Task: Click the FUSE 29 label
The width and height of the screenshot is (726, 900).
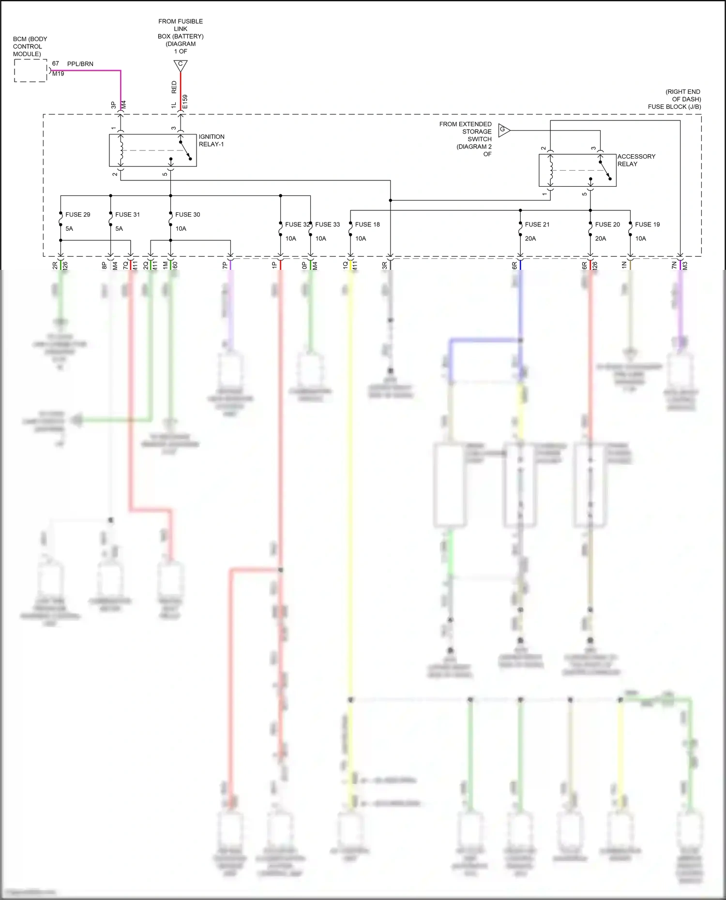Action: (77, 214)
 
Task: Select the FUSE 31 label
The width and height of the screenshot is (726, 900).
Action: (127, 214)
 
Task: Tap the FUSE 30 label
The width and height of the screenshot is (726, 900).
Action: (187, 214)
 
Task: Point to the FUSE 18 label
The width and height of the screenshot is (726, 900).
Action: (367, 224)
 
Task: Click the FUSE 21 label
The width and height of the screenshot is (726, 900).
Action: (537, 224)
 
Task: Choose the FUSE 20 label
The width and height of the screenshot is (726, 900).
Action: (607, 224)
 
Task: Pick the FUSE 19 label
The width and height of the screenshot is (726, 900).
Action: (647, 224)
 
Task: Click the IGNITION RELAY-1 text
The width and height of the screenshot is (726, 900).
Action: (212, 140)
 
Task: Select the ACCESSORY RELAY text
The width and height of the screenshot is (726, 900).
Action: (636, 160)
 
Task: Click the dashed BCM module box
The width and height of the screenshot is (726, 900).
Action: (30, 71)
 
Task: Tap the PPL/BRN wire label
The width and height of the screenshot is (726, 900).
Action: (80, 64)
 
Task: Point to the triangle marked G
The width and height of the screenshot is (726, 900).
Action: (503, 130)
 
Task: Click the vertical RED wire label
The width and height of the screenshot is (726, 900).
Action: (174, 87)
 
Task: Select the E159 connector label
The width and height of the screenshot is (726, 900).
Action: (185, 102)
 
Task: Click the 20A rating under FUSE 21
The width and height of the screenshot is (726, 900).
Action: (530, 238)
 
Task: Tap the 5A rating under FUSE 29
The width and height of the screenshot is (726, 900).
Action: (69, 228)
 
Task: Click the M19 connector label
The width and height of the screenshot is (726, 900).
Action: (58, 74)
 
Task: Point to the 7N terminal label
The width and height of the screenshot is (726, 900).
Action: (674, 265)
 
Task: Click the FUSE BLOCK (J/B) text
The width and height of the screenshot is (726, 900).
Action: (674, 107)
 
